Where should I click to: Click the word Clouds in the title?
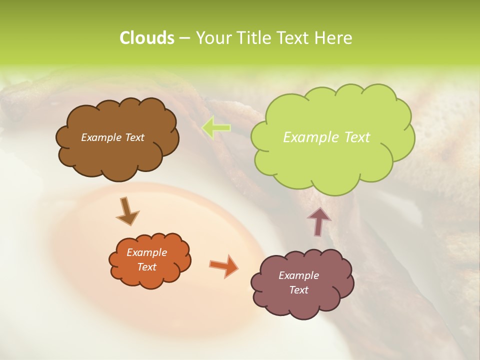[x=146, y=38]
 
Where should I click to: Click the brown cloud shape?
[x=117, y=155]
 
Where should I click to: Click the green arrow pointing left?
[x=216, y=127]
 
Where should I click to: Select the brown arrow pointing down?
[x=127, y=211]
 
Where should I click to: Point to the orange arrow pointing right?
[x=223, y=265]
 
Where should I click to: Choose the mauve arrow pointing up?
[x=319, y=221]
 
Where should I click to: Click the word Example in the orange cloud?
[x=147, y=253]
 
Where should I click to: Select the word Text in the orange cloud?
[x=147, y=267]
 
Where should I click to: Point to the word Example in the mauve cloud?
[x=298, y=275]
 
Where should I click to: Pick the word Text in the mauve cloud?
[x=298, y=290]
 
